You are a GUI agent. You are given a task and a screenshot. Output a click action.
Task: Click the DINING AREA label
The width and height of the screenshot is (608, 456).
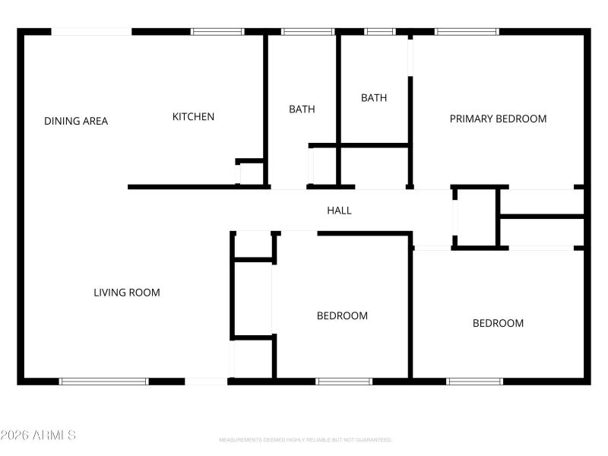pyautogui.click(x=76, y=121)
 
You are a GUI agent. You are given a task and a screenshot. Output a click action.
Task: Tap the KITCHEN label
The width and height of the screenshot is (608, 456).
pyautogui.click(x=193, y=116)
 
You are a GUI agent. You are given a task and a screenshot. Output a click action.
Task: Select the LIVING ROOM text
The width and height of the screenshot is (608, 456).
pyautogui.click(x=127, y=293)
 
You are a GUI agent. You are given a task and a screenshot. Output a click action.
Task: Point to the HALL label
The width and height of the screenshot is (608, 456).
pyautogui.click(x=339, y=211)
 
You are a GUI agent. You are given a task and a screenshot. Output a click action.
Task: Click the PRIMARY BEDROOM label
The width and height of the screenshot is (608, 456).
pyautogui.click(x=498, y=119)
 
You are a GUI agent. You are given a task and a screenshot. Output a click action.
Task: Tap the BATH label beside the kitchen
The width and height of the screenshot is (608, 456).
pyautogui.click(x=302, y=109)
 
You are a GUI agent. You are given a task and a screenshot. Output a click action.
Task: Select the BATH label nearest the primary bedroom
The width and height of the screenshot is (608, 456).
pyautogui.click(x=374, y=98)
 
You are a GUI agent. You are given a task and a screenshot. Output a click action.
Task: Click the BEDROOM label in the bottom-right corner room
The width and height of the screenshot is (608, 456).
pyautogui.click(x=498, y=323)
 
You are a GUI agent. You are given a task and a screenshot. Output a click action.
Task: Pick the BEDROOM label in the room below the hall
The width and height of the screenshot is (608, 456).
pyautogui.click(x=342, y=315)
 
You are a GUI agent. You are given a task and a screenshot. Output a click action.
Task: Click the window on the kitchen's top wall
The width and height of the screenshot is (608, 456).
pyautogui.click(x=217, y=32)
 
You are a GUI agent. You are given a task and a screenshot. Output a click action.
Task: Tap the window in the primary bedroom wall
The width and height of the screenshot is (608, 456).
pyautogui.click(x=467, y=32)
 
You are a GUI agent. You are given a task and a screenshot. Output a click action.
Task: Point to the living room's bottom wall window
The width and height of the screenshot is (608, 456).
pyautogui.click(x=104, y=381)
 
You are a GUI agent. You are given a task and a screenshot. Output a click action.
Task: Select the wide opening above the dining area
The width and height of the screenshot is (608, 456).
pyautogui.click(x=91, y=32)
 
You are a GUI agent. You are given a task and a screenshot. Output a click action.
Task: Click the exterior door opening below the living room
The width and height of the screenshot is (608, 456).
pyautogui.click(x=206, y=381)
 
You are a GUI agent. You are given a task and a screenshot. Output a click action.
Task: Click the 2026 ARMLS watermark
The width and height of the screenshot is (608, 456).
pyautogui.click(x=38, y=435)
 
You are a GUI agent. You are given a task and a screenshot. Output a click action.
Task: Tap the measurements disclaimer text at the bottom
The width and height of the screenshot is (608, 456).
pyautogui.click(x=306, y=440)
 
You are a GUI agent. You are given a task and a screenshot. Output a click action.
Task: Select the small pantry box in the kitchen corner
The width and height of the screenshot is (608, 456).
pyautogui.click(x=251, y=173)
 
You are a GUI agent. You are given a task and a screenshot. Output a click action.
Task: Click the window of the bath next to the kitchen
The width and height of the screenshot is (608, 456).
pyautogui.click(x=308, y=32)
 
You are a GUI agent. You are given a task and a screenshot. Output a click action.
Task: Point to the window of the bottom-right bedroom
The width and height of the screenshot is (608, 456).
pyautogui.click(x=474, y=381)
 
